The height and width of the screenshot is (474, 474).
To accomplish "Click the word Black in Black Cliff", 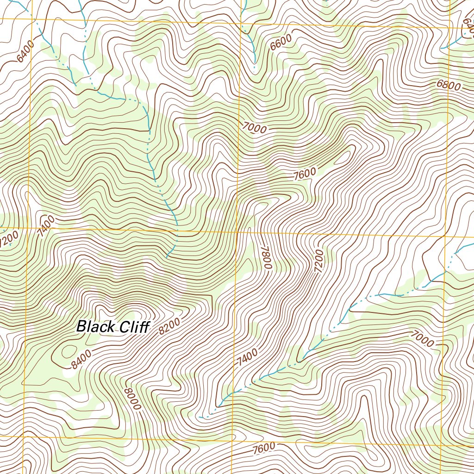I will [x=95, y=326].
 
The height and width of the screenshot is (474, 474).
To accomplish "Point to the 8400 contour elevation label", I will [x=81, y=360].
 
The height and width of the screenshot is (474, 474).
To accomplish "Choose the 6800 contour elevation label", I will [x=448, y=86].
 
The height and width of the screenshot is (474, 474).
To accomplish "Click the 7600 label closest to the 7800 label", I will [x=305, y=174].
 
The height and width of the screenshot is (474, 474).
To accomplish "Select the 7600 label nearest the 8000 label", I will [x=264, y=448].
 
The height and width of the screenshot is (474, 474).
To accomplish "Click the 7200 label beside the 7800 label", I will [x=318, y=259].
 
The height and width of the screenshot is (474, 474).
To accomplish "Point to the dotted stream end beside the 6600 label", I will [x=254, y=69].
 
